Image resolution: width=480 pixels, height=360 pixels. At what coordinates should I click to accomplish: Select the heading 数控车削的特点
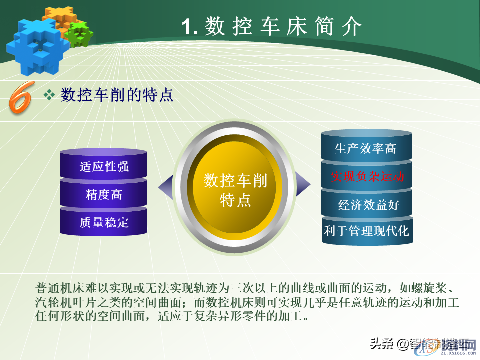tap(117, 95)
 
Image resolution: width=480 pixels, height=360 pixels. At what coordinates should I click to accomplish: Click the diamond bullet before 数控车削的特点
tap(49, 95)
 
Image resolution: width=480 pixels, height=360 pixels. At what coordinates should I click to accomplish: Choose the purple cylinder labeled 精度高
tap(104, 194)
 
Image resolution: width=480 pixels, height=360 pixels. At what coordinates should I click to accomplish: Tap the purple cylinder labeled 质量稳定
tap(104, 222)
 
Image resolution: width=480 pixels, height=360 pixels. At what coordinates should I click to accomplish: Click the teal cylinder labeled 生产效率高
tap(366, 148)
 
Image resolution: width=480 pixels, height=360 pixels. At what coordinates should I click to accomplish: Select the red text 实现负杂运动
tap(367, 176)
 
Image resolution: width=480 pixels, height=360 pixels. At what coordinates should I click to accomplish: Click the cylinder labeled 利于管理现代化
tap(367, 231)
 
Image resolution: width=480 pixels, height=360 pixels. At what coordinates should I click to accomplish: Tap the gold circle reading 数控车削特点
tap(235, 190)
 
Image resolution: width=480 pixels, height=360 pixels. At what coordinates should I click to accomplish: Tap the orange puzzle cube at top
tap(59, 18)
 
